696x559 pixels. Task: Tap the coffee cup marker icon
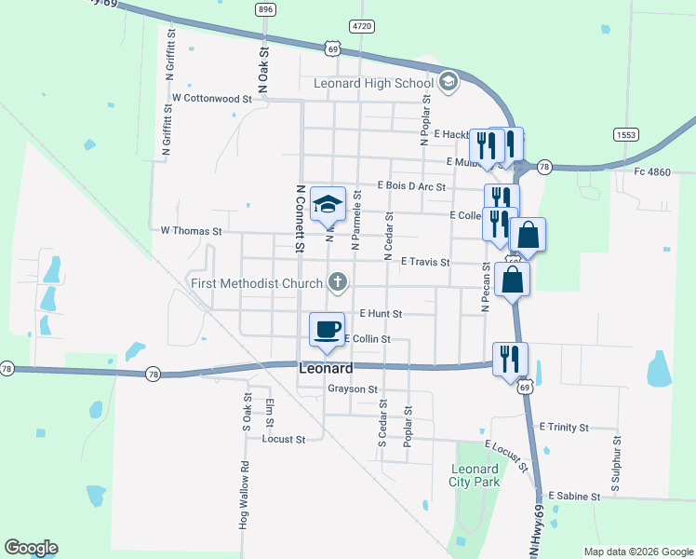[x=327, y=329]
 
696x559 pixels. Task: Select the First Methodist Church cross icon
[x=339, y=281]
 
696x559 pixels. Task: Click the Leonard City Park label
[x=475, y=475]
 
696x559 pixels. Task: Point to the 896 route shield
[x=266, y=8]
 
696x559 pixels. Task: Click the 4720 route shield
[x=363, y=25]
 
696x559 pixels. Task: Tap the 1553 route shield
[x=625, y=135]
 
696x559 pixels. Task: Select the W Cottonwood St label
[x=211, y=98]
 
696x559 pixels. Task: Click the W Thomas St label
[x=191, y=230]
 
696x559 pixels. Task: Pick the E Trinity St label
[x=564, y=427]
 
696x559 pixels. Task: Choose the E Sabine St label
[x=574, y=497]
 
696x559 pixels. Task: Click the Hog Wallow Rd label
[x=244, y=496]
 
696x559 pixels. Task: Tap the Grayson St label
[x=353, y=389]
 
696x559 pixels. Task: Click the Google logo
[x=31, y=548]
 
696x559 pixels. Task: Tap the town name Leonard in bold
[x=326, y=369]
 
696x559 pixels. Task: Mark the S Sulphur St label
[x=615, y=463]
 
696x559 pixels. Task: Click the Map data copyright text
[x=638, y=552]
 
